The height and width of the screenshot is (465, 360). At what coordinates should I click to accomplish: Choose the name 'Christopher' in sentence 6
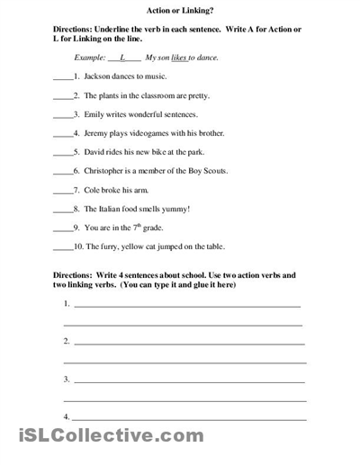point(106,171)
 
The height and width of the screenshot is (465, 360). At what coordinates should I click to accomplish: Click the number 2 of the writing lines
point(67,342)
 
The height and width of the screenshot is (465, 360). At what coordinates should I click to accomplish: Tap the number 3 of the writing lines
point(67,380)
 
